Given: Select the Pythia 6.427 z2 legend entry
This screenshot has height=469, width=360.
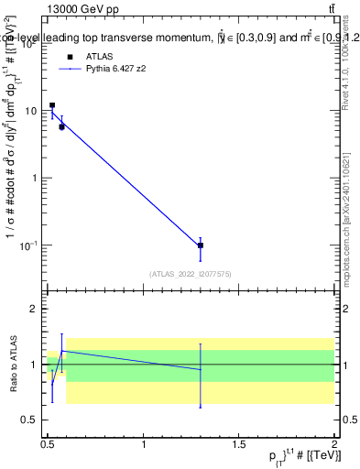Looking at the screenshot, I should click(x=121, y=69).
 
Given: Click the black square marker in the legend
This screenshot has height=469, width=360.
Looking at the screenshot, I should click(x=70, y=57).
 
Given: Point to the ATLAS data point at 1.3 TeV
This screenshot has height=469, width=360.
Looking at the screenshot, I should click(x=201, y=245).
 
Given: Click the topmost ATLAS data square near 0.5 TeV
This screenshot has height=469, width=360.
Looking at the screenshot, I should click(x=52, y=105).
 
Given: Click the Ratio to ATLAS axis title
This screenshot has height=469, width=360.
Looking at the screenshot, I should click(x=13, y=365).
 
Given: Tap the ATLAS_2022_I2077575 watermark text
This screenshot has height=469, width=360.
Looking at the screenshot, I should click(x=191, y=273).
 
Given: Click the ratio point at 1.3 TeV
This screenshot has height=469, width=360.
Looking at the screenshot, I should click(x=201, y=369).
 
